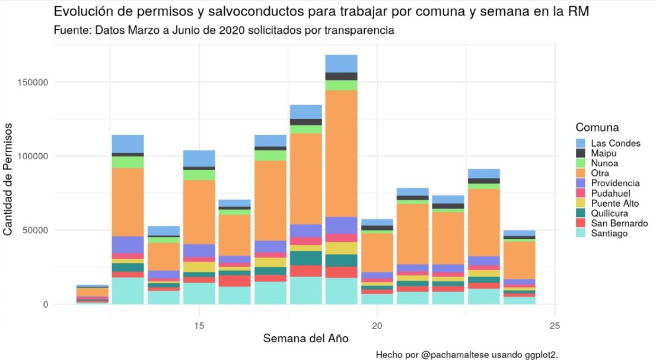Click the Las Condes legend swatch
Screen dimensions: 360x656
click(x=581, y=143)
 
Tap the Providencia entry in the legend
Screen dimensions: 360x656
click(x=615, y=184)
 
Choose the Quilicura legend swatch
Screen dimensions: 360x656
click(x=581, y=213)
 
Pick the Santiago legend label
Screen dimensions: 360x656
click(x=610, y=233)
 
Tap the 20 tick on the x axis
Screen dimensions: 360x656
click(x=377, y=326)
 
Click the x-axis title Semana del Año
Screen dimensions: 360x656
click(x=305, y=339)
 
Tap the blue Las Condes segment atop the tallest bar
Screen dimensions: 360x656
click(x=341, y=63)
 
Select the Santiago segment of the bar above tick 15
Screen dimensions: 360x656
click(x=199, y=293)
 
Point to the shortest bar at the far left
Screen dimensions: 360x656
click(x=92, y=295)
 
